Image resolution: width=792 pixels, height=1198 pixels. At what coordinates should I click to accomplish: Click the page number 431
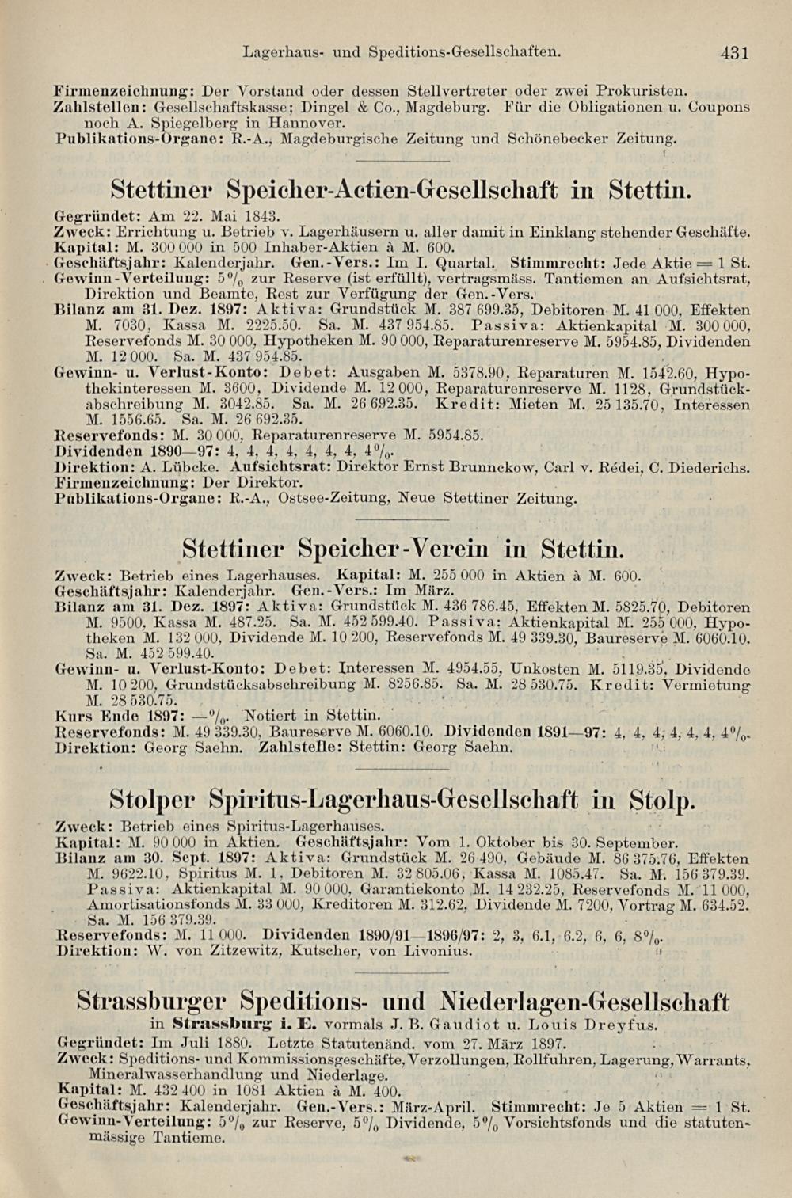click(x=734, y=54)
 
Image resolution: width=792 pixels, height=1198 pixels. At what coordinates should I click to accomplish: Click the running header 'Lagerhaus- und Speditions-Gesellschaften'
click(x=402, y=53)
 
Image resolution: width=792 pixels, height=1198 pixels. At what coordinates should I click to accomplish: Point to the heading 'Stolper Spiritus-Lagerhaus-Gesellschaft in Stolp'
click(x=402, y=800)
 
